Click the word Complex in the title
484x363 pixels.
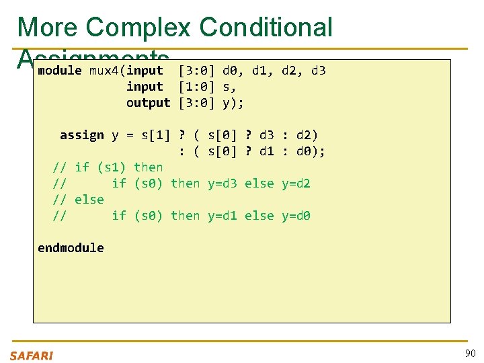139,27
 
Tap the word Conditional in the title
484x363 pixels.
266,27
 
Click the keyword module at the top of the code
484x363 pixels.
60,71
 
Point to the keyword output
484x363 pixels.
149,103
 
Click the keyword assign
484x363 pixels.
82,135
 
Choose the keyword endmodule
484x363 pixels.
71,248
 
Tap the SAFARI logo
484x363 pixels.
31,355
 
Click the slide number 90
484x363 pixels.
469,354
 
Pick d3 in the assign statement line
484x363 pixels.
267,135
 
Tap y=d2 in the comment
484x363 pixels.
296,184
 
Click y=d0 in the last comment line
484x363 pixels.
296,216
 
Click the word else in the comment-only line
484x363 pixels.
89,200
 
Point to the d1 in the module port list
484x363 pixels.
259,71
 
